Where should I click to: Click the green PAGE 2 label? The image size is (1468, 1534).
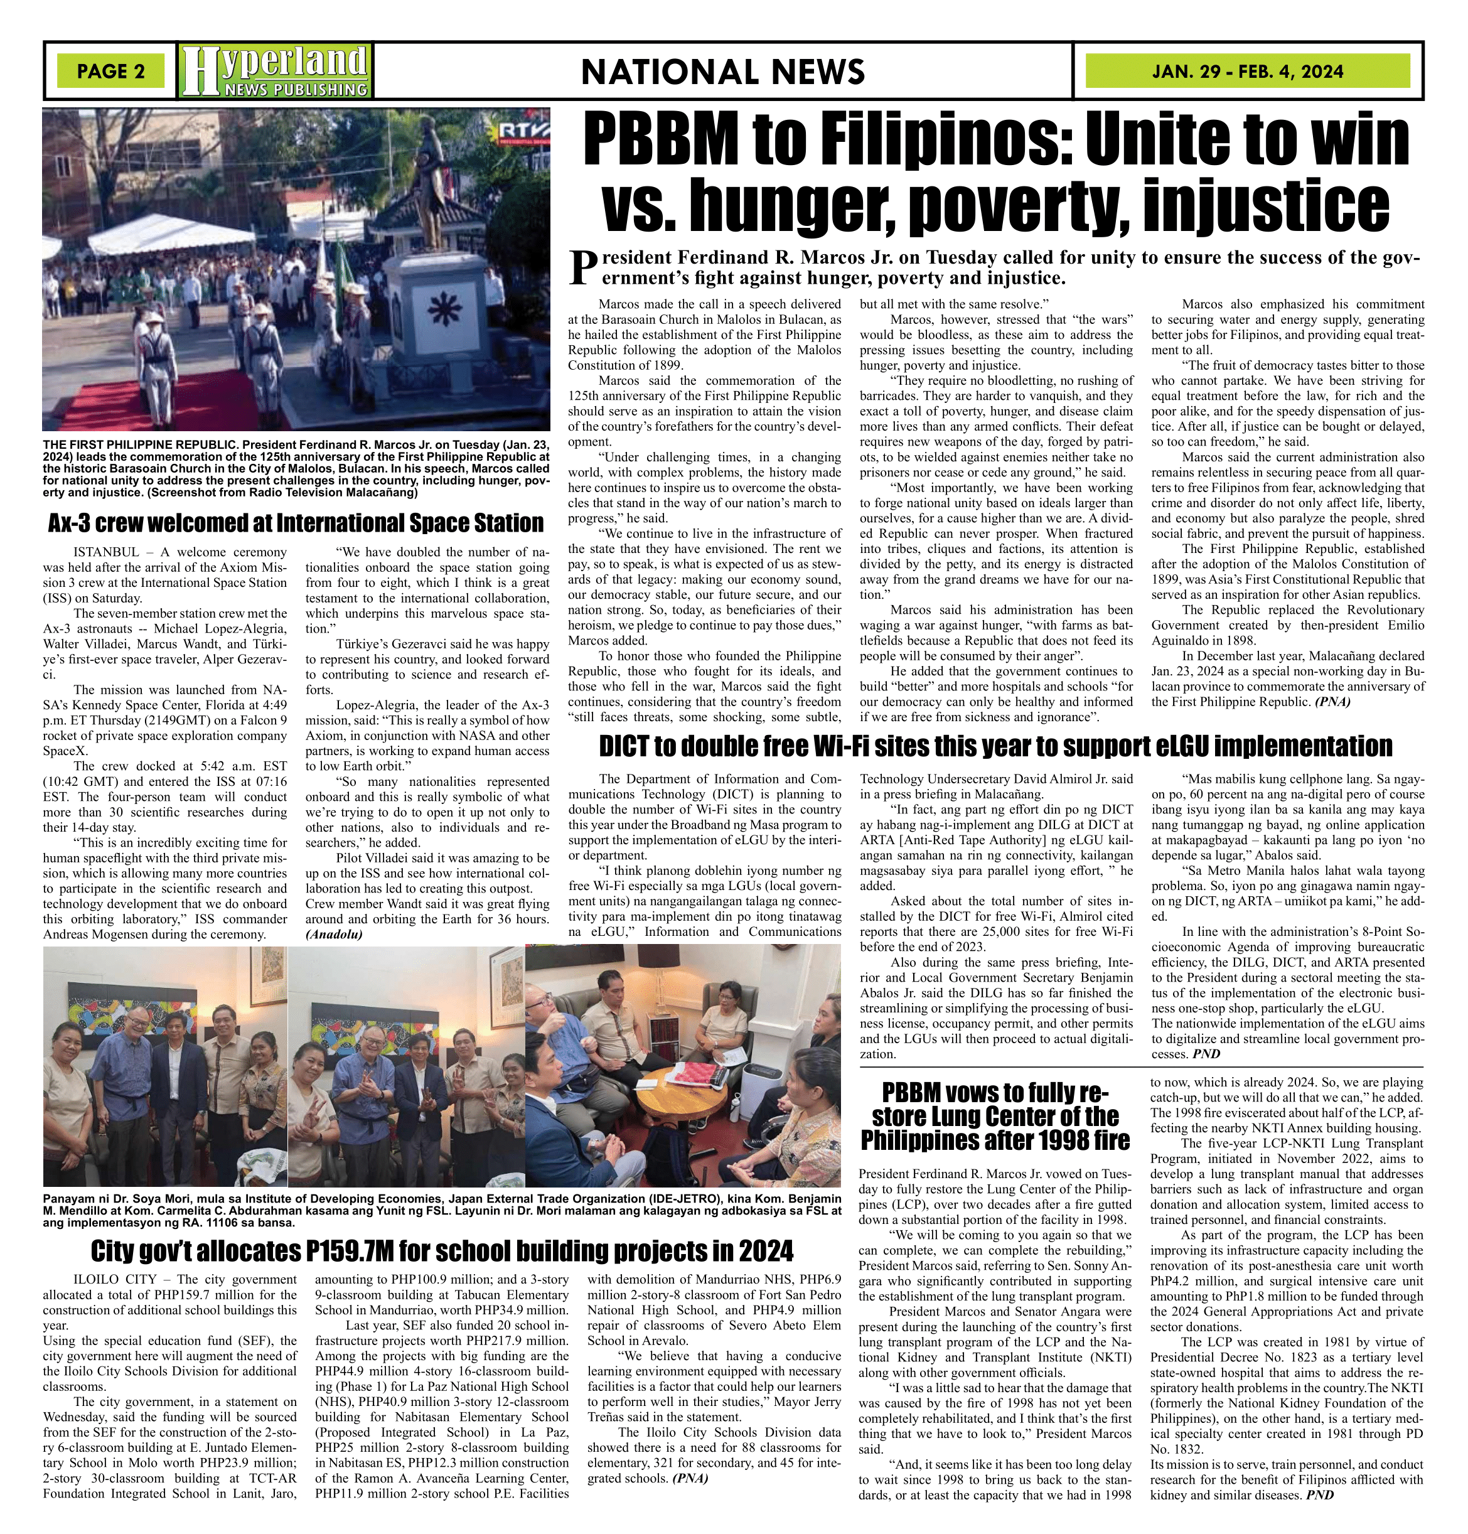110,71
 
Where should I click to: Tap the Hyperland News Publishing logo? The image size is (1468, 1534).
275,71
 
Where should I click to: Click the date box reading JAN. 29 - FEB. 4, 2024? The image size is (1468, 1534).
1247,71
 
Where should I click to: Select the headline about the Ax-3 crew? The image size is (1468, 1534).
296,523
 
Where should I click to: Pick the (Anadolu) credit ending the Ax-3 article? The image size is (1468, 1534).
334,935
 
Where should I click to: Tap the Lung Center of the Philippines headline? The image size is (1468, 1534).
995,1116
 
